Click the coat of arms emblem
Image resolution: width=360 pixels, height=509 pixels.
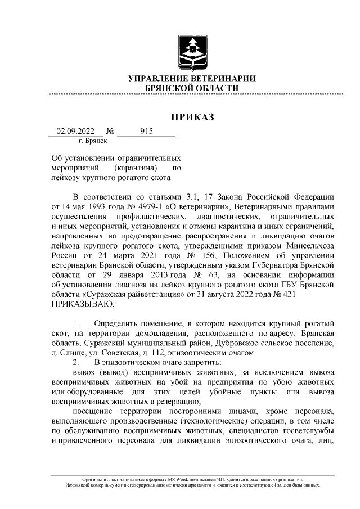192,52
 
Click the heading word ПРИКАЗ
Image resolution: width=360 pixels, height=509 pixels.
193,117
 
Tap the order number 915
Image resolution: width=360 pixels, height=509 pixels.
146,132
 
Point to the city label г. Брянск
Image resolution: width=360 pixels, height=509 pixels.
93,141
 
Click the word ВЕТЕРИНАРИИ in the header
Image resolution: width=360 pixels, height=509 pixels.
218,78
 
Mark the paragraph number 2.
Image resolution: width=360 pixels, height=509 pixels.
75,362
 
